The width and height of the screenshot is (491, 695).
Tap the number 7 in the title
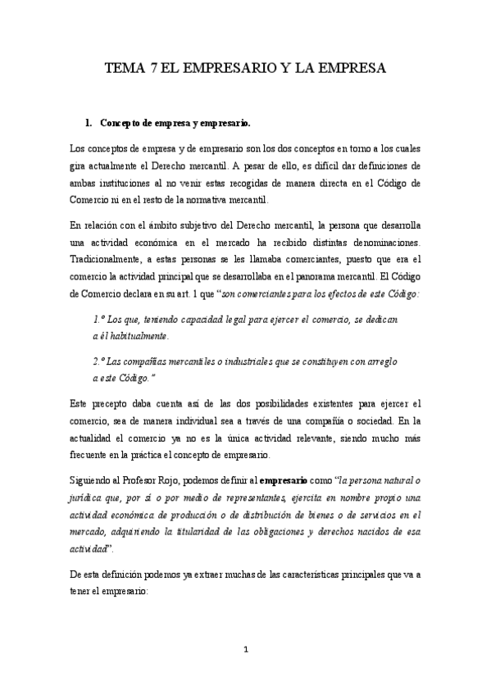[x=156, y=70]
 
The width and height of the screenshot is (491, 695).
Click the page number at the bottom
[x=245, y=650]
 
